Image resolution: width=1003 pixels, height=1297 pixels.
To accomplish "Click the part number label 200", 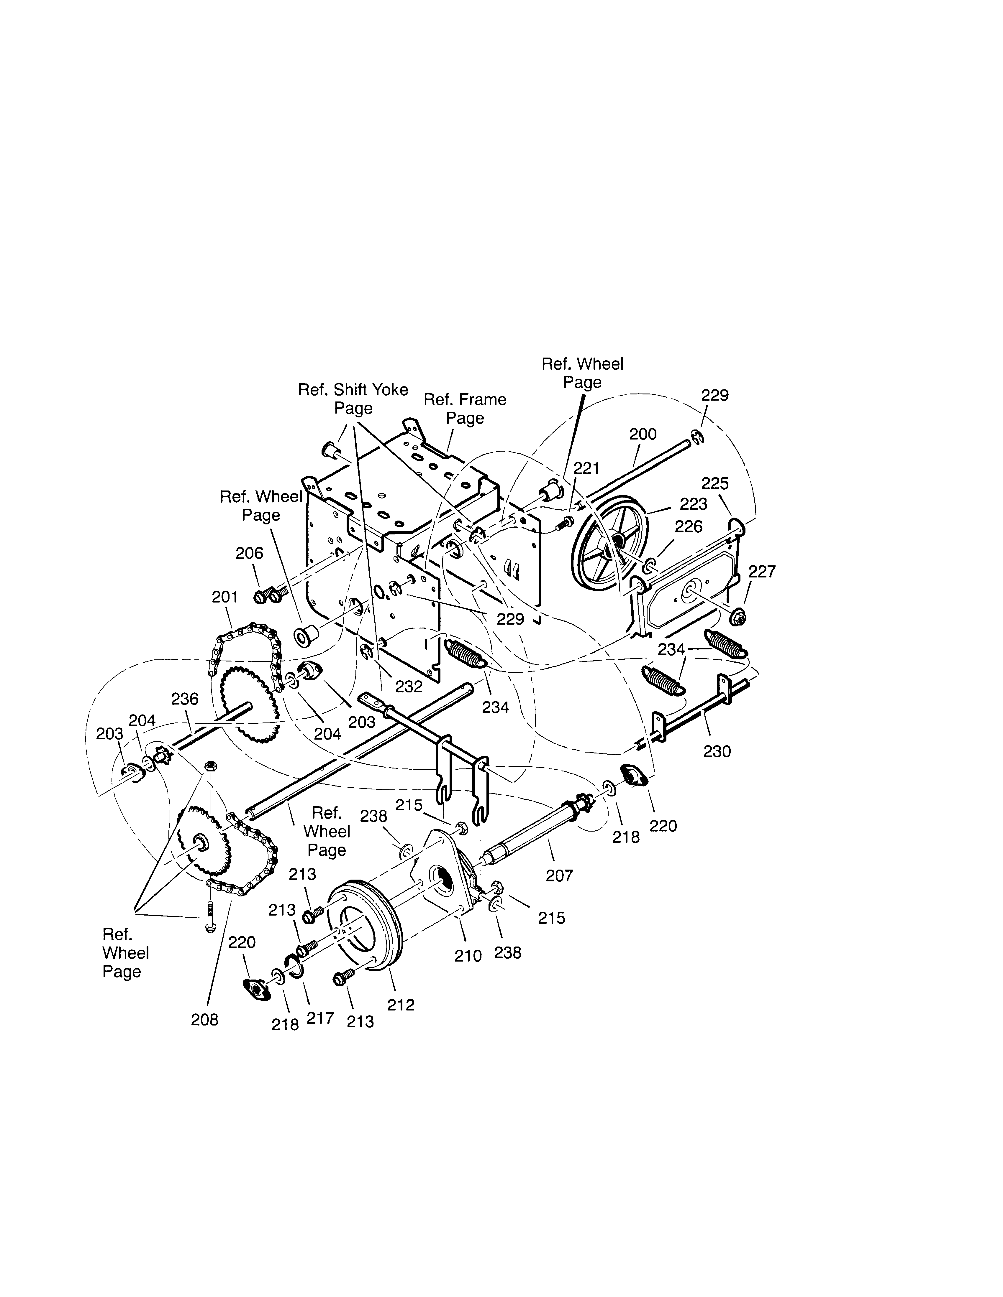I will pyautogui.click(x=643, y=434).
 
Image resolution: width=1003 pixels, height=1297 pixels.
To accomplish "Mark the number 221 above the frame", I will pyautogui.click(x=586, y=469).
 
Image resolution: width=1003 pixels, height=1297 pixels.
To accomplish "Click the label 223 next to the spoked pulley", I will pyautogui.click(x=694, y=504).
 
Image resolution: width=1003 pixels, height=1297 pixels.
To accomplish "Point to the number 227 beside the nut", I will pyautogui.click(x=762, y=571).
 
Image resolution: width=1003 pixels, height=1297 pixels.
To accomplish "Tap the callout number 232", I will pyautogui.click(x=409, y=687).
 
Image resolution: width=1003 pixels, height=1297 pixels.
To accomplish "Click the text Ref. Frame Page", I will pyautogui.click(x=465, y=409).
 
